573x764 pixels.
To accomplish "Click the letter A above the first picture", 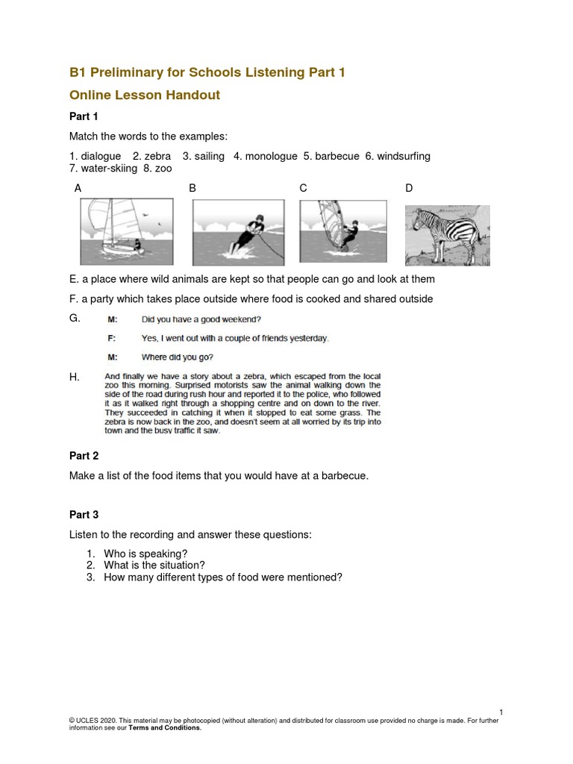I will tap(78, 189).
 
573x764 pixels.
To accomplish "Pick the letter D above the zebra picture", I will tap(409, 189).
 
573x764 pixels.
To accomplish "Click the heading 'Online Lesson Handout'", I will tap(145, 95).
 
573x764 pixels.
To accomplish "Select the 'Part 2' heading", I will tap(84, 456).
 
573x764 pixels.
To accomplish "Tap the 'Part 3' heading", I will tap(84, 515).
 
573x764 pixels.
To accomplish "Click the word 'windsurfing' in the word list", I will tap(404, 156).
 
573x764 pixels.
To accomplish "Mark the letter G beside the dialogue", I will tap(74, 319).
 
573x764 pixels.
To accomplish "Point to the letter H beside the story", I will tap(74, 378).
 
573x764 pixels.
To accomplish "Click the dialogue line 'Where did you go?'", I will tap(180, 357).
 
